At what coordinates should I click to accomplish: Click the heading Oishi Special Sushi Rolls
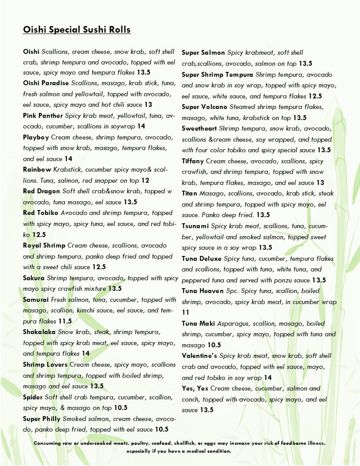pos(77,30)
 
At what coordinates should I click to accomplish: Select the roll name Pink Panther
pos(43,116)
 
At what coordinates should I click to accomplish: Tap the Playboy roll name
pos(36,137)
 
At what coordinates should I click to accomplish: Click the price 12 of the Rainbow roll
pos(145,180)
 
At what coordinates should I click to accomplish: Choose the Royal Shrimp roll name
pos(44,245)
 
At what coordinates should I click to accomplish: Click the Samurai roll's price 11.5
pos(65,321)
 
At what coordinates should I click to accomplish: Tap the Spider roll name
pos(33,397)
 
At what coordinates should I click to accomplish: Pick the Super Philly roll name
pos(42,419)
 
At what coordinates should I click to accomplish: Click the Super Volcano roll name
pos(204,107)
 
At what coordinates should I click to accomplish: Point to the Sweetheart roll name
pos(199,128)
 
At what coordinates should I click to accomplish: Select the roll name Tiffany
pos(193,161)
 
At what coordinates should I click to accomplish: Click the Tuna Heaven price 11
pos(186,312)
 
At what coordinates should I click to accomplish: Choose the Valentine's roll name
pos(199,356)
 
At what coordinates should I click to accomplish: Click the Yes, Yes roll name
pos(195,388)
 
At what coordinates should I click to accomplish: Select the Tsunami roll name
pos(195,226)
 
